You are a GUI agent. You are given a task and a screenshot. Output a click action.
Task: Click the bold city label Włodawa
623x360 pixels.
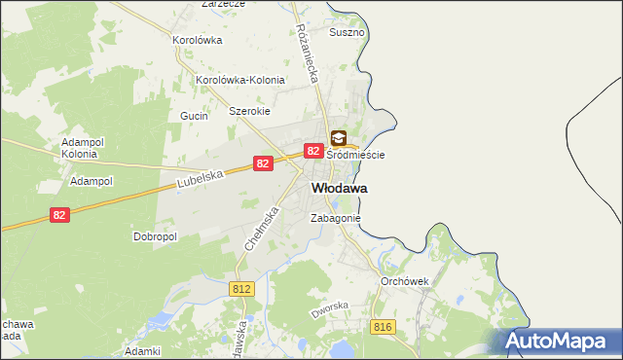click(339, 188)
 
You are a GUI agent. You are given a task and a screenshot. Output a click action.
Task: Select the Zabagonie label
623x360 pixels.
click(336, 219)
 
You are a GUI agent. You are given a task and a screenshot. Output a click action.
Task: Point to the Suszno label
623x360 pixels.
click(347, 32)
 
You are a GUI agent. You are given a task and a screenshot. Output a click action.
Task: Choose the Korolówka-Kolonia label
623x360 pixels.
click(240, 80)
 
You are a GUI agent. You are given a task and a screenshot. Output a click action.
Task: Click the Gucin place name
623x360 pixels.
click(190, 115)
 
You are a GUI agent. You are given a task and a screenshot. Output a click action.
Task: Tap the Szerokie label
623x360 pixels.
click(248, 111)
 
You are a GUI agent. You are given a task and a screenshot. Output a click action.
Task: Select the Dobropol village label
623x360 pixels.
click(153, 236)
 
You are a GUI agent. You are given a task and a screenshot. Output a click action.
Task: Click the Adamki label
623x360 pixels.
click(142, 350)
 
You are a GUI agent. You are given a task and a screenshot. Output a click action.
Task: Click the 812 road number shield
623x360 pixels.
click(242, 289)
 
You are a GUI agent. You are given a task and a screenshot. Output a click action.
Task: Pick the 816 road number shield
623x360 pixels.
click(382, 327)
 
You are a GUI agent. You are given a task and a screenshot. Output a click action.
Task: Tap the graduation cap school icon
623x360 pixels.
click(338, 138)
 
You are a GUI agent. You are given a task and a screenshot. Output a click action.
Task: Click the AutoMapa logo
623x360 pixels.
click(560, 341)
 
